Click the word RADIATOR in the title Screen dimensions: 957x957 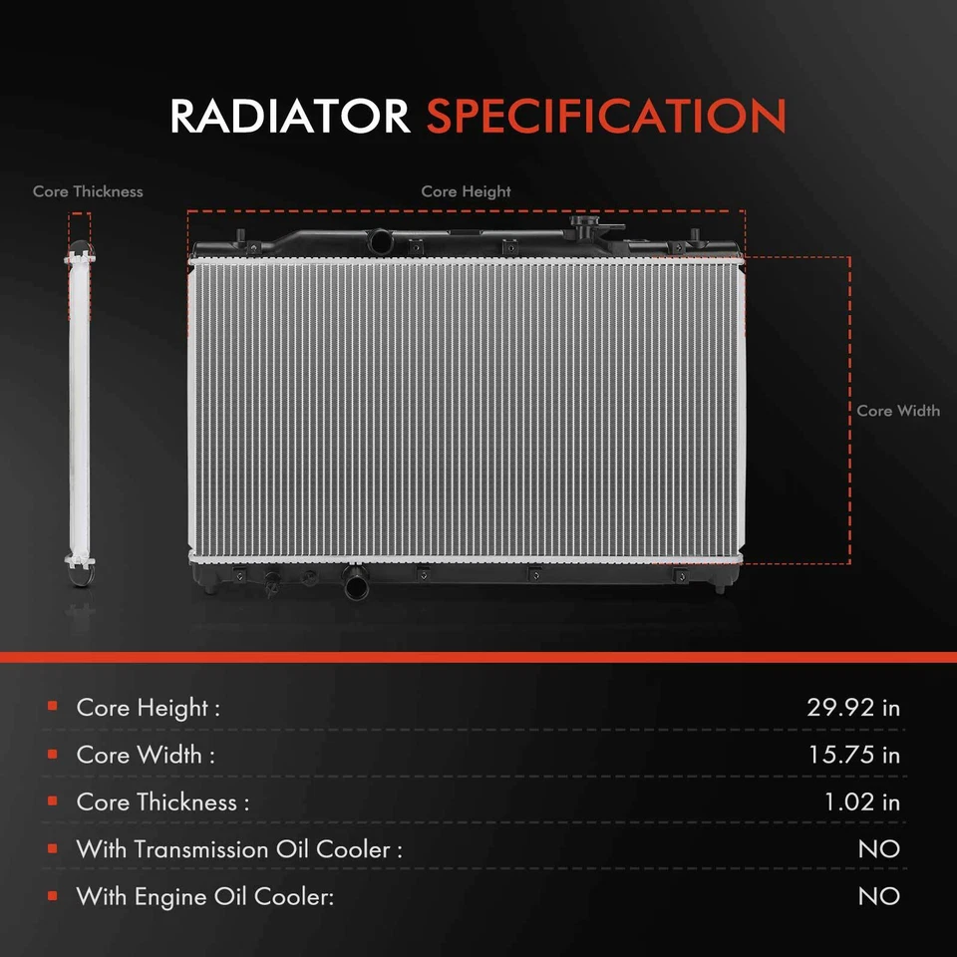coord(289,117)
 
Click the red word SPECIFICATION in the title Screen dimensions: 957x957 coord(606,117)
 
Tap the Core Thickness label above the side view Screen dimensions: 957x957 coord(88,191)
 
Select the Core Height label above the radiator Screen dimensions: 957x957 coord(466,191)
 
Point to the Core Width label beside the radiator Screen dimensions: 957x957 coord(898,411)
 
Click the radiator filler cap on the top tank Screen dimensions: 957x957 coord(585,223)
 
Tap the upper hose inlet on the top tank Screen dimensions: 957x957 coord(379,241)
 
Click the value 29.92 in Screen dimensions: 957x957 coord(852,708)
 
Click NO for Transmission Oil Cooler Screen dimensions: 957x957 coord(878,849)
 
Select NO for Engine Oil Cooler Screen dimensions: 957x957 coord(878,896)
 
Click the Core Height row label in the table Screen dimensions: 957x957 coord(148,708)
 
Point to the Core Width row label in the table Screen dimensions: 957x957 coord(146,755)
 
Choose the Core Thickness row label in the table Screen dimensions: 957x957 coord(162,801)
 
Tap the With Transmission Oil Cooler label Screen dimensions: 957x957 coord(239,849)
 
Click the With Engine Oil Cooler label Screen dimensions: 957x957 coord(204,896)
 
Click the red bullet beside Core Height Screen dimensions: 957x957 coord(51,708)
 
